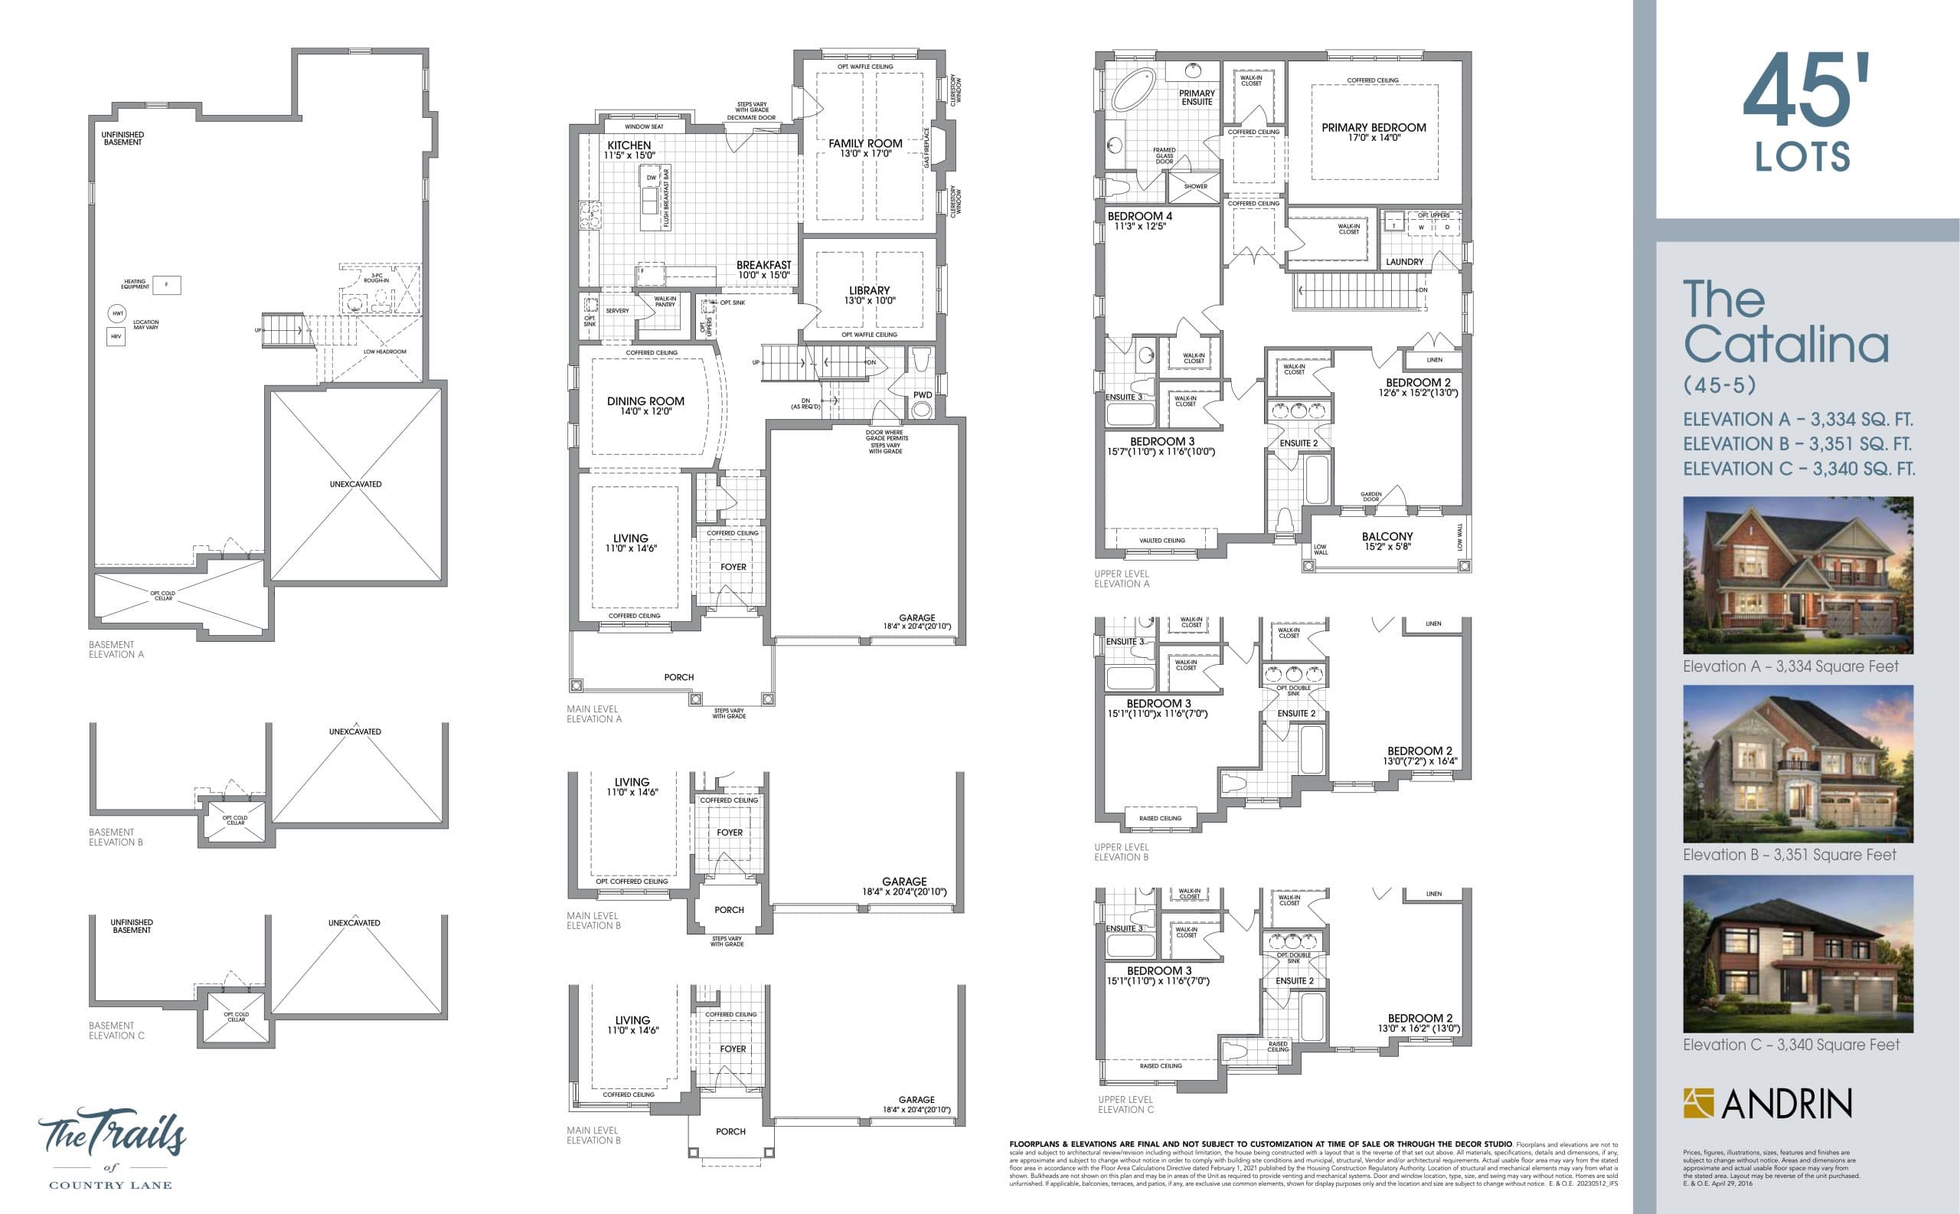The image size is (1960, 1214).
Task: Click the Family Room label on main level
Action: [x=865, y=144]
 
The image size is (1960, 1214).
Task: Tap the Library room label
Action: [x=869, y=290]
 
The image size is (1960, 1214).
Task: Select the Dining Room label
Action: [x=645, y=401]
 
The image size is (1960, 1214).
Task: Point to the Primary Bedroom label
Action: [x=1374, y=128]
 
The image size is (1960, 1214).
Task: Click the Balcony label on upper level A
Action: [x=1387, y=536]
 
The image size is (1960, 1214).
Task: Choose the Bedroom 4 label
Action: [x=1139, y=217]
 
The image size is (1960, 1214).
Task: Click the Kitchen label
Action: [x=629, y=146]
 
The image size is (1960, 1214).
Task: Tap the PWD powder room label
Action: [x=923, y=395]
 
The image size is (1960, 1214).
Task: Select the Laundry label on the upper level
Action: [x=1404, y=262]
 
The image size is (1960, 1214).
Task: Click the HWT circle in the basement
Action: [x=118, y=313]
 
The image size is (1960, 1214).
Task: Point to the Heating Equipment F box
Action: [x=166, y=284]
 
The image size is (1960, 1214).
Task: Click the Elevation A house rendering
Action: [x=1797, y=574]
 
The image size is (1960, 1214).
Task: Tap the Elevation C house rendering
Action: [x=1797, y=953]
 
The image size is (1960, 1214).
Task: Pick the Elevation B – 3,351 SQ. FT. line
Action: [x=1797, y=444]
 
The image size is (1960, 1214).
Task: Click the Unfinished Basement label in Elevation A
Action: [x=122, y=138]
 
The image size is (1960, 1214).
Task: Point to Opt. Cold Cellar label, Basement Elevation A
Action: [x=163, y=595]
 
